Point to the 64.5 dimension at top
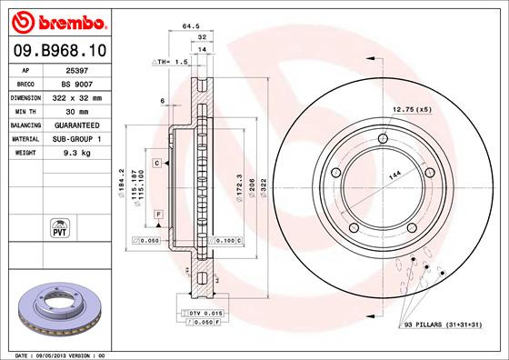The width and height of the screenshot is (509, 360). coord(190,26)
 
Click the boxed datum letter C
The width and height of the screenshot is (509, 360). coord(156,162)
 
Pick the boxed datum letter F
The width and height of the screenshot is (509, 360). coord(159,213)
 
